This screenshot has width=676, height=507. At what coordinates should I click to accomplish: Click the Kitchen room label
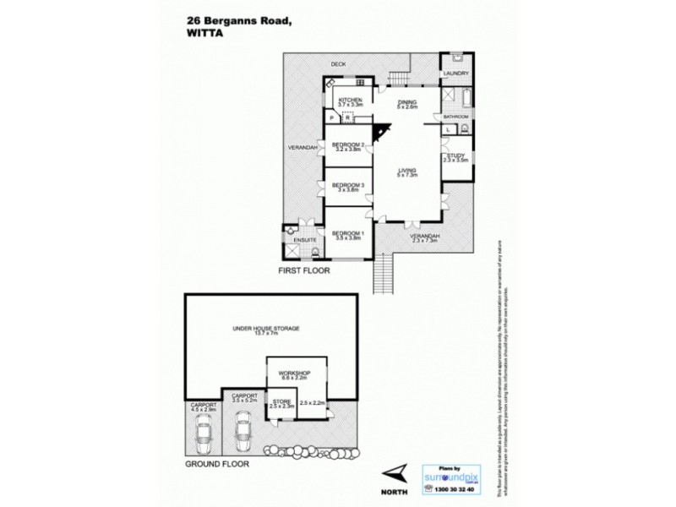point(351,101)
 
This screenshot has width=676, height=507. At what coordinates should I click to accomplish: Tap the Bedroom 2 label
point(347,144)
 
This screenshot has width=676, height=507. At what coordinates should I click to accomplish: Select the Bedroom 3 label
point(347,186)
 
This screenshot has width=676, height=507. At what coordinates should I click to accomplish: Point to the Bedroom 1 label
point(347,233)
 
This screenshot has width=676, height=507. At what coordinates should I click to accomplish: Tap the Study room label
point(456,155)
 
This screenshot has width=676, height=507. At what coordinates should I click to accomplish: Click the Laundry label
point(455,74)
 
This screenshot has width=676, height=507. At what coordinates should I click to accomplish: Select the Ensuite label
point(304,241)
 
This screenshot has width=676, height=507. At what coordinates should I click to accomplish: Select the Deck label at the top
point(339,63)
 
